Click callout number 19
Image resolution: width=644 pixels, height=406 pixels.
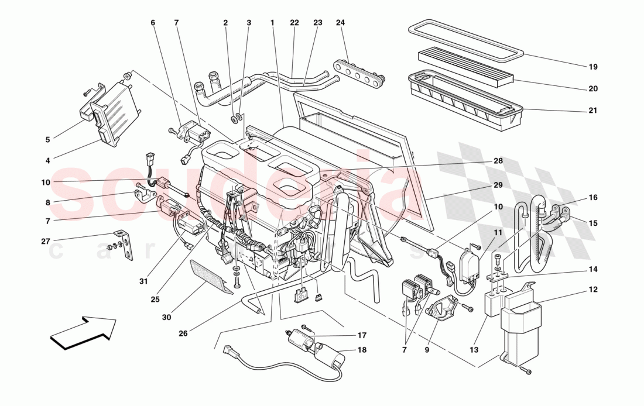592,67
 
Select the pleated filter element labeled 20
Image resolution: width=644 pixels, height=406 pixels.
465,65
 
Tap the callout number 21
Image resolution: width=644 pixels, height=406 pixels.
592,111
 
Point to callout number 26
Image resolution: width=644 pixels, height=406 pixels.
183,334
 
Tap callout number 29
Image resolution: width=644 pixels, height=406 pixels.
498,185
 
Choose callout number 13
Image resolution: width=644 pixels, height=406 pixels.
473,350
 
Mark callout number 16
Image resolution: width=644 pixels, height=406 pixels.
592,198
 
